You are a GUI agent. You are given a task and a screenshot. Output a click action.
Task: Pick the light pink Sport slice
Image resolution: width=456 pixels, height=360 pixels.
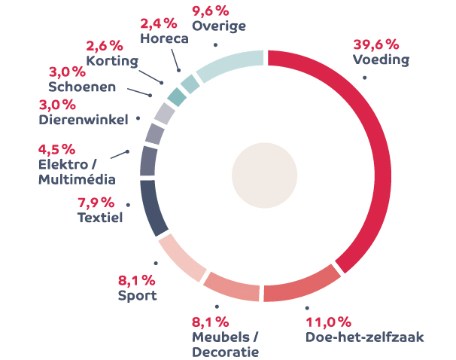(x=181, y=257)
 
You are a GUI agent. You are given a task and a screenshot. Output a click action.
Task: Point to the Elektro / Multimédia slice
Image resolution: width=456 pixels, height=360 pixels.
(x=149, y=160)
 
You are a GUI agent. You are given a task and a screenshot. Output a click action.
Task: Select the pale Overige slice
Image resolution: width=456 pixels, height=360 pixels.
(x=230, y=66)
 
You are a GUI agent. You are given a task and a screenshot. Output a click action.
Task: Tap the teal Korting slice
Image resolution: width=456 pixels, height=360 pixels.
(x=177, y=96)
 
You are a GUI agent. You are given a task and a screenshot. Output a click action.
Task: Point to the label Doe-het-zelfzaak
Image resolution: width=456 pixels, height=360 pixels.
(x=365, y=337)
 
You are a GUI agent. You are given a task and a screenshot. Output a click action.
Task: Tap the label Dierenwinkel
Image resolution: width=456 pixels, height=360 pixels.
(x=84, y=118)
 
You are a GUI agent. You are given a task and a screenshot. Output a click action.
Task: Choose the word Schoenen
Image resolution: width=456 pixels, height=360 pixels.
(x=82, y=87)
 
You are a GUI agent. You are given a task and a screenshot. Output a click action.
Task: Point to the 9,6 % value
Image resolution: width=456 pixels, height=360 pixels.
(x=211, y=11)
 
